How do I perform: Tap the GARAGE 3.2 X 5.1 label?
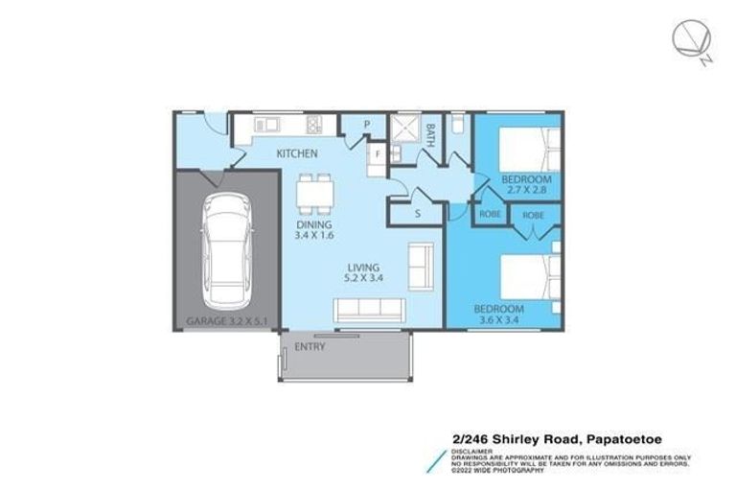225,323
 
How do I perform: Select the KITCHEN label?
298,153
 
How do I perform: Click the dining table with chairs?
313,193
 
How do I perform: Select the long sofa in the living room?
370,310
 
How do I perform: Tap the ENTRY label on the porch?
310,346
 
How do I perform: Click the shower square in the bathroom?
404,129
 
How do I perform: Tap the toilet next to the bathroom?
457,126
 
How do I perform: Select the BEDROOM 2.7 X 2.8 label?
526,185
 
